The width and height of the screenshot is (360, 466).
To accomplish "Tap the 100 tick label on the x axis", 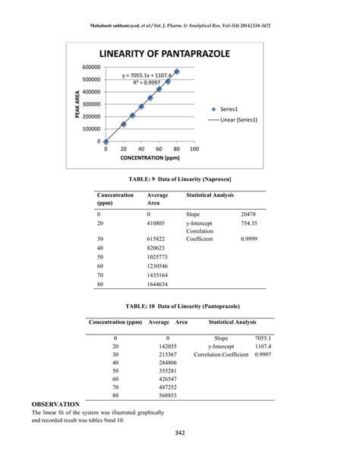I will [x=194, y=149].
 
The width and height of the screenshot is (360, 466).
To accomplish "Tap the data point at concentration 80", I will [x=176, y=71].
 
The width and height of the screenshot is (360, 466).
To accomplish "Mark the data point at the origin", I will [x=106, y=141].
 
